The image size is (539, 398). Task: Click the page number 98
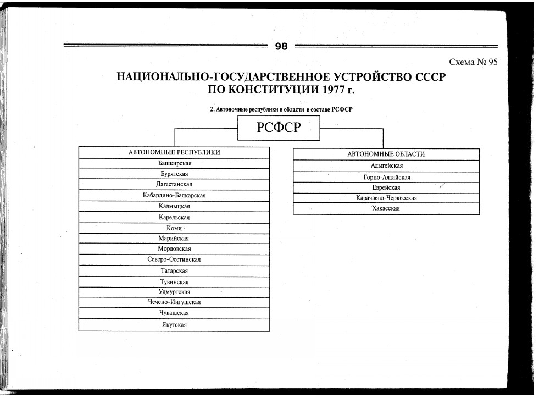pos(281,47)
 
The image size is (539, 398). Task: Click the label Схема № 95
pos(473,62)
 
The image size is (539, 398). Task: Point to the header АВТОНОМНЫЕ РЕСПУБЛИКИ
pos(174,153)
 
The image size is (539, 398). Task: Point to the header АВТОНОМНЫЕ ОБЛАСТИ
pos(386,154)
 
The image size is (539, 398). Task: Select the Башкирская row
pos(174,164)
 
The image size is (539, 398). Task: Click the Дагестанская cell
pos(174,184)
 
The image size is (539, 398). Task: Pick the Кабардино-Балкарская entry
pos(174,195)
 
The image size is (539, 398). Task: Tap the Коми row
pos(174,228)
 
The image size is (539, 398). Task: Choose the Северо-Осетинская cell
pos(174,259)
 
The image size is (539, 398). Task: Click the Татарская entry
pos(174,271)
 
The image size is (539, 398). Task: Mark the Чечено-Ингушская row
pos(174,302)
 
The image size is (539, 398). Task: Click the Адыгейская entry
pos(386,166)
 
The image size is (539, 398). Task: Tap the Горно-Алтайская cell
pos(386,177)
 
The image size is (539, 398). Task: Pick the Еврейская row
pos(386,187)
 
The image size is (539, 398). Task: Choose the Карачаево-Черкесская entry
pos(386,198)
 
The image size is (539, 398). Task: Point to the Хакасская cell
pos(386,209)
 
